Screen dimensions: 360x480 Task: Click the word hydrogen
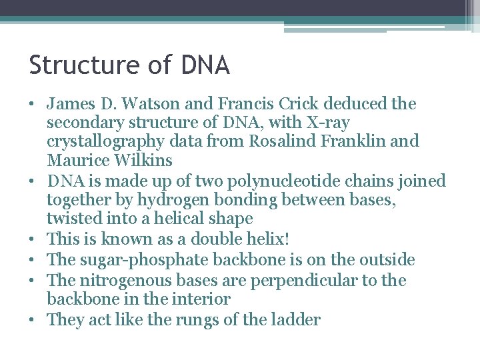(x=172, y=199)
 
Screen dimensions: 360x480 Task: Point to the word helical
(x=172, y=219)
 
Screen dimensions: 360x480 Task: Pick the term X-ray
(x=325, y=123)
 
